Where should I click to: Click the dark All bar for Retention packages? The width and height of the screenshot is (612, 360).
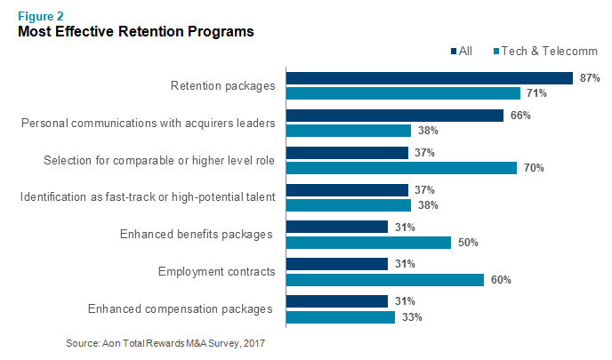[x=428, y=78]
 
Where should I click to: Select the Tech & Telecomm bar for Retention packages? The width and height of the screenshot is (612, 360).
[x=402, y=93]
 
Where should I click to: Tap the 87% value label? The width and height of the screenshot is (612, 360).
[x=590, y=78]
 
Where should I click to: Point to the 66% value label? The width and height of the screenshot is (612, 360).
[x=521, y=116]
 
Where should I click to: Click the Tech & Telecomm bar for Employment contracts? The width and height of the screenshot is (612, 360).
[x=383, y=280]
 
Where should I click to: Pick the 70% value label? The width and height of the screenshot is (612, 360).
[x=535, y=168]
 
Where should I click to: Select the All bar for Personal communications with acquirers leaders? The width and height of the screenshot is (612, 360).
[x=394, y=116]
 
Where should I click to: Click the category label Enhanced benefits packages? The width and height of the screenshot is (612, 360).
[x=197, y=235]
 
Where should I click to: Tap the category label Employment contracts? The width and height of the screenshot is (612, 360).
[x=216, y=272]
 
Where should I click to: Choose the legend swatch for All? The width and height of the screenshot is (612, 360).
[x=454, y=51]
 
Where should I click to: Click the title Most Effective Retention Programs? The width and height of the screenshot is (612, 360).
[x=136, y=32]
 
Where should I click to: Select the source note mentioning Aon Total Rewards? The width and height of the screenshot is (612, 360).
[x=165, y=342]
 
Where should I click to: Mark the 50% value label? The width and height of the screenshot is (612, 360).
[x=469, y=243]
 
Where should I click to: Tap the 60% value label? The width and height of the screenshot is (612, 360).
[x=502, y=280]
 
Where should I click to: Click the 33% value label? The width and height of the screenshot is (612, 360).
[x=413, y=316]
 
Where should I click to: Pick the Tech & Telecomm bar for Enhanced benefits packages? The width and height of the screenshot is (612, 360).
[x=367, y=243]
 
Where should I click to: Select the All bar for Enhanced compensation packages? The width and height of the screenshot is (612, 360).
[x=336, y=301]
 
